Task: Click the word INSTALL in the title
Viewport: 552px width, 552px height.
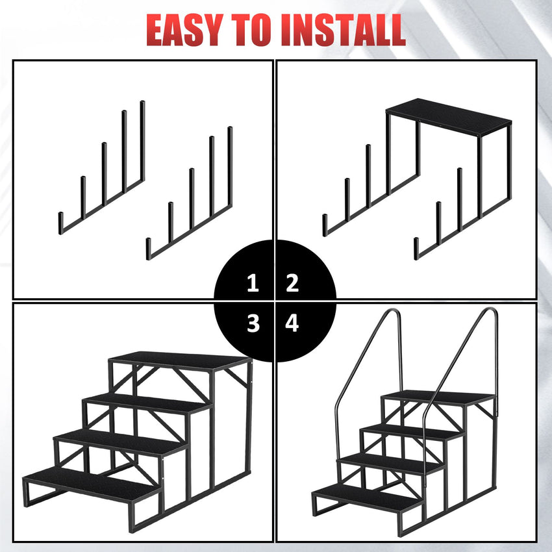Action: click(x=344, y=30)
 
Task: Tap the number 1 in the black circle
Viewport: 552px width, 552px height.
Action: click(x=253, y=283)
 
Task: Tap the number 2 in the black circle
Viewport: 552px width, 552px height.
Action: click(x=292, y=283)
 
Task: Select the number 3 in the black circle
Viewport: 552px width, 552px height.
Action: click(x=253, y=323)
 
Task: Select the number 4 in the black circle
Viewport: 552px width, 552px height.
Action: click(x=292, y=323)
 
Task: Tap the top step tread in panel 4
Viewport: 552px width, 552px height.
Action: click(x=438, y=397)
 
